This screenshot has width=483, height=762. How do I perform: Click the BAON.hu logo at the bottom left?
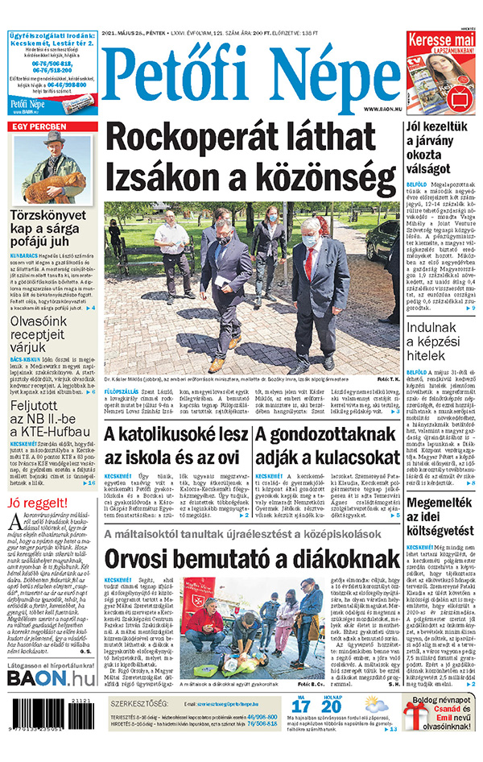tap(50, 678)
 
